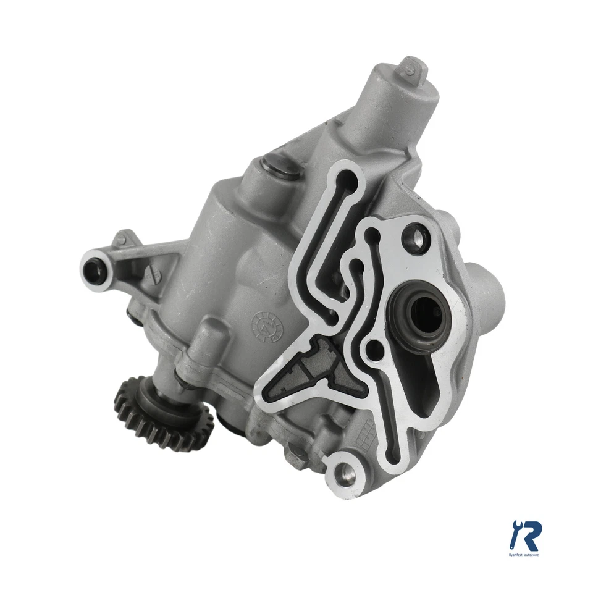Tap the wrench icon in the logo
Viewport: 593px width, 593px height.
tap(514, 535)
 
